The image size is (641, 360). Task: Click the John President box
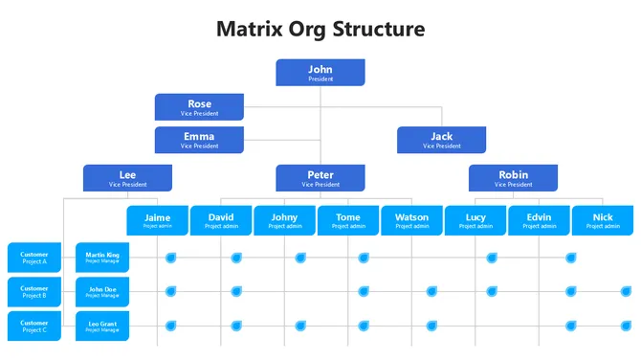[x=320, y=73]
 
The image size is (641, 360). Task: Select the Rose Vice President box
[x=199, y=107]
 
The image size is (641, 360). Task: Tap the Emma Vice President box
[x=199, y=140]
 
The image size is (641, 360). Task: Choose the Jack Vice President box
[x=441, y=140]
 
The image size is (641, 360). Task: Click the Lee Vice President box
[x=127, y=178]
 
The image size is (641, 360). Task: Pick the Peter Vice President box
[x=320, y=178]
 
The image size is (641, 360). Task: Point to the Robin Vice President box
[x=513, y=178]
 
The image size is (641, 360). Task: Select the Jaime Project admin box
[x=157, y=220]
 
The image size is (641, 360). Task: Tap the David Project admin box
[x=220, y=220]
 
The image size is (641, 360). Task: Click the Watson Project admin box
[x=411, y=220]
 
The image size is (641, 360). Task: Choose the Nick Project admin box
[x=603, y=220]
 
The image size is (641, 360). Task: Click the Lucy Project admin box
[x=475, y=220]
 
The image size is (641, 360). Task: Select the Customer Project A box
[x=34, y=258]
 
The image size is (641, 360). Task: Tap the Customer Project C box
[x=34, y=326]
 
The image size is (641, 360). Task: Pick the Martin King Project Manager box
[x=102, y=258]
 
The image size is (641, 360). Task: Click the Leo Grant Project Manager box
[x=102, y=326]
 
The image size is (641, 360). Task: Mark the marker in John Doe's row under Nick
[x=627, y=291]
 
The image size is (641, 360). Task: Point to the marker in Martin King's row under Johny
[x=300, y=258]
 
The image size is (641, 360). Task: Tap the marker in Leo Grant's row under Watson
[x=431, y=326]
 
